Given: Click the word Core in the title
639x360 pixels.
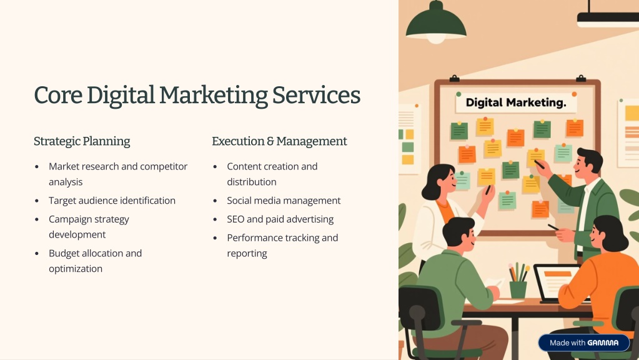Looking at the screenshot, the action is (58, 95).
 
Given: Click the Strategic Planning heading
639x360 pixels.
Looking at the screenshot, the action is (82, 141).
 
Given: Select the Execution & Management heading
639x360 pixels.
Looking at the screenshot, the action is (279, 141).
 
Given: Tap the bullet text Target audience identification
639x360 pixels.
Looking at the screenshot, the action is (112, 201).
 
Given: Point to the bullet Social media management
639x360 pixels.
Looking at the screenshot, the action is (284, 201).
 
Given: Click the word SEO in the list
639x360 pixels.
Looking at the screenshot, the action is (235, 219).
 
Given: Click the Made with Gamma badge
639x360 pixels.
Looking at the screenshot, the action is (583, 343).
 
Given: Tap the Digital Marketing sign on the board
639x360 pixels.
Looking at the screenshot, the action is (516, 102).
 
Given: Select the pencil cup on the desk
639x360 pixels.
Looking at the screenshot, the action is (518, 289).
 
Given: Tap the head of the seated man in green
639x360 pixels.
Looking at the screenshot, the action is (459, 232).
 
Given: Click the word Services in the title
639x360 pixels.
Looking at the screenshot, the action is (316, 95).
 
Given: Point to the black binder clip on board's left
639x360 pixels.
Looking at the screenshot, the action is (454, 78).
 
